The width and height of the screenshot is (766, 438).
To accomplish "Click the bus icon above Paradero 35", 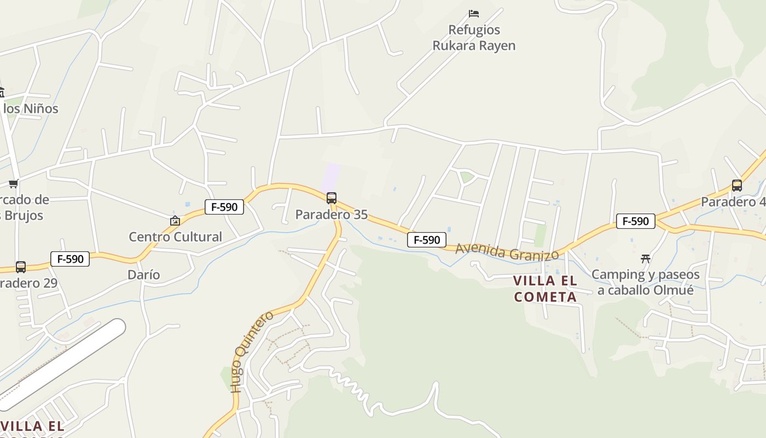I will coord(332,198).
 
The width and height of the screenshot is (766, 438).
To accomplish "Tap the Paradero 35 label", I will coord(332,215).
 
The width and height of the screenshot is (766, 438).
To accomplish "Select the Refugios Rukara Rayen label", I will coord(474,37).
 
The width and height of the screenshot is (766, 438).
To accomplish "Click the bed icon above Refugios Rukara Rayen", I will coord(474,13).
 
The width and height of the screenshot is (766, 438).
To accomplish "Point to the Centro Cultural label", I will coord(175,237).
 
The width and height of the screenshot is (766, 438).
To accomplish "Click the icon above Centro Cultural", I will coord(175,221).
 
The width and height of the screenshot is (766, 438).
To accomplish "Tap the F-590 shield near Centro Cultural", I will coord(224,207).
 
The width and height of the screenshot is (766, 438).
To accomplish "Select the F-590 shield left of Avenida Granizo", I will coord(427,240).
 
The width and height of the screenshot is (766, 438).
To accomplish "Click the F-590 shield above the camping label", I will coord(636,221).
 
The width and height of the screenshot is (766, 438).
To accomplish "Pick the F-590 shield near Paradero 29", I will coord(70,259).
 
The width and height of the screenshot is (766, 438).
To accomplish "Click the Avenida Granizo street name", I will coord(507,252).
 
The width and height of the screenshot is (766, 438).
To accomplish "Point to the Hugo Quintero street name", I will coord(252,351).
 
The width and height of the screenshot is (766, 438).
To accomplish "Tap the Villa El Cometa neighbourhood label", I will coord(545,289).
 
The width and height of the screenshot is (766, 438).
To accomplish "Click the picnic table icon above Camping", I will coord(646,258).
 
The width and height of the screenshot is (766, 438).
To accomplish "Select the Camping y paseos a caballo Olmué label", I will coord(646,282).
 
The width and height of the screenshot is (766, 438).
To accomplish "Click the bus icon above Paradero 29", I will coord(21,267).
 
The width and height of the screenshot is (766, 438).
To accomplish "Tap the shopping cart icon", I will coord(13,183).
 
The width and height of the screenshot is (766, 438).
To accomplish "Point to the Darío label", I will coord(143,275).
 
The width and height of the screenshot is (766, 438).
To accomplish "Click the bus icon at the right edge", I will coord(737,186).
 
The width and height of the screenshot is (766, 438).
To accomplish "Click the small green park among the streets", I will coord(466,177).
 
